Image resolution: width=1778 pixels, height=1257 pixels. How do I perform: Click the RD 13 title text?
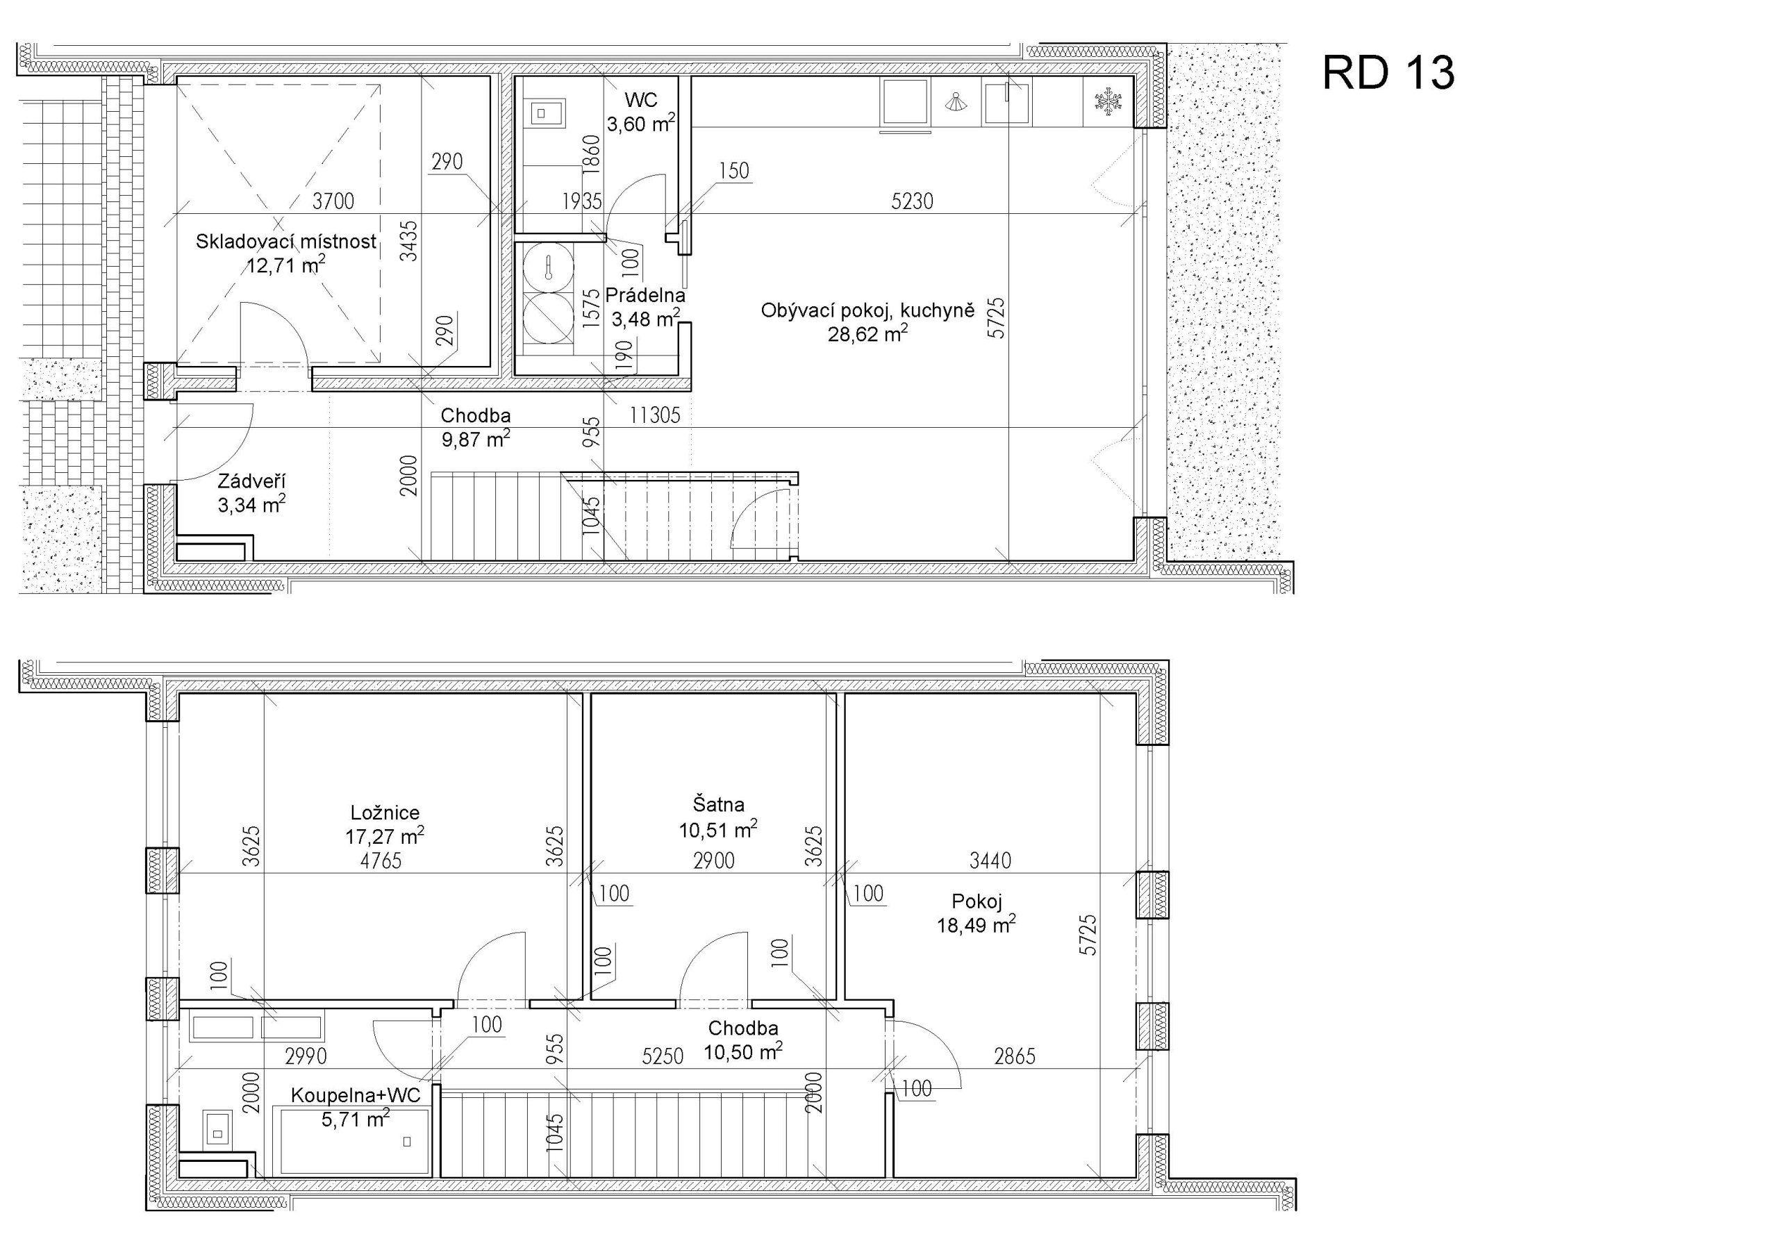pyautogui.click(x=1388, y=74)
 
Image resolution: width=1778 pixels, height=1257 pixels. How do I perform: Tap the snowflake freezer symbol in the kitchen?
pyautogui.click(x=1108, y=102)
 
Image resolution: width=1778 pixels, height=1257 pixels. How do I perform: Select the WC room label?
pyautogui.click(x=641, y=100)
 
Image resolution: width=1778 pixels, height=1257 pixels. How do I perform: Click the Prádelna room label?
pyautogui.click(x=645, y=295)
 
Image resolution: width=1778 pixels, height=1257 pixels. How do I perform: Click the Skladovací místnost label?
pyautogui.click(x=285, y=242)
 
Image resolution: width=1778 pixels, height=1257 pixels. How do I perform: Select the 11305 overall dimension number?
pyautogui.click(x=654, y=416)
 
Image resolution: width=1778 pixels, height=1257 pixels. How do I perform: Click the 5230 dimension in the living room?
pyautogui.click(x=912, y=201)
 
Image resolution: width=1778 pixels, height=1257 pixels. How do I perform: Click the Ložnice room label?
pyautogui.click(x=385, y=813)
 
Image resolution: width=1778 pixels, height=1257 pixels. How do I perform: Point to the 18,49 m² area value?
pyautogui.click(x=977, y=925)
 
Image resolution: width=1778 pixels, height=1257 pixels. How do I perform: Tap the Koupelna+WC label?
pyautogui.click(x=356, y=1095)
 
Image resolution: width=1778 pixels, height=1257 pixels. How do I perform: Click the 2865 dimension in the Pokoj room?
pyautogui.click(x=1014, y=1056)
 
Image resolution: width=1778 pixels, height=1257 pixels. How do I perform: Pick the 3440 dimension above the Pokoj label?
pyautogui.click(x=990, y=860)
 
